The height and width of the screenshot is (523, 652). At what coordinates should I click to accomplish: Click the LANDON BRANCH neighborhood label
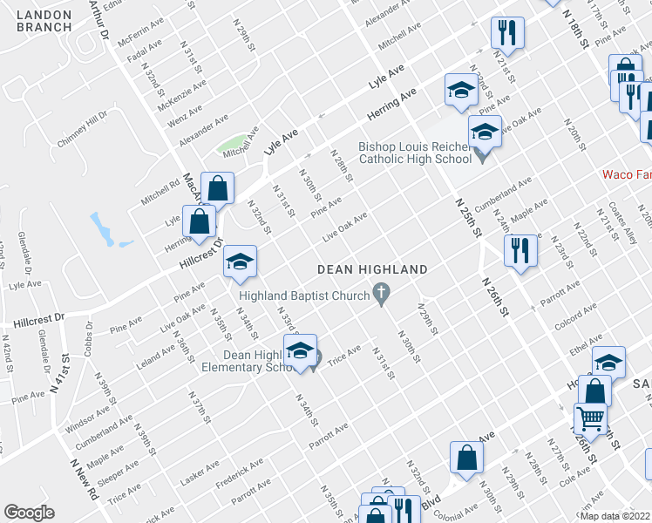(x=44, y=21)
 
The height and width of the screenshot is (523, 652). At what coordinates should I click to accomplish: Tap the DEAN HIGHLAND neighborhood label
(x=372, y=270)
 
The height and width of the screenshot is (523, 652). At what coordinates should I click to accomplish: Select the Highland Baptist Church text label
(x=304, y=296)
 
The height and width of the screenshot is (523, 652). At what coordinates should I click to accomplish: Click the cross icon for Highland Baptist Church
(x=381, y=295)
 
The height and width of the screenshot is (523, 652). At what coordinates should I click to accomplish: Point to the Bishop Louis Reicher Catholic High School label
(x=414, y=153)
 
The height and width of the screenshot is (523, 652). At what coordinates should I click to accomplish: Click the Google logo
(x=29, y=513)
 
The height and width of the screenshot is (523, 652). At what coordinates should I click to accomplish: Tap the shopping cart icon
(x=590, y=418)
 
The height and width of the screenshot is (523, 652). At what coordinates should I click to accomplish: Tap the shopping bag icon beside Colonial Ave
(x=467, y=457)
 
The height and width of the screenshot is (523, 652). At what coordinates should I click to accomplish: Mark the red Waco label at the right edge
(x=627, y=174)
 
